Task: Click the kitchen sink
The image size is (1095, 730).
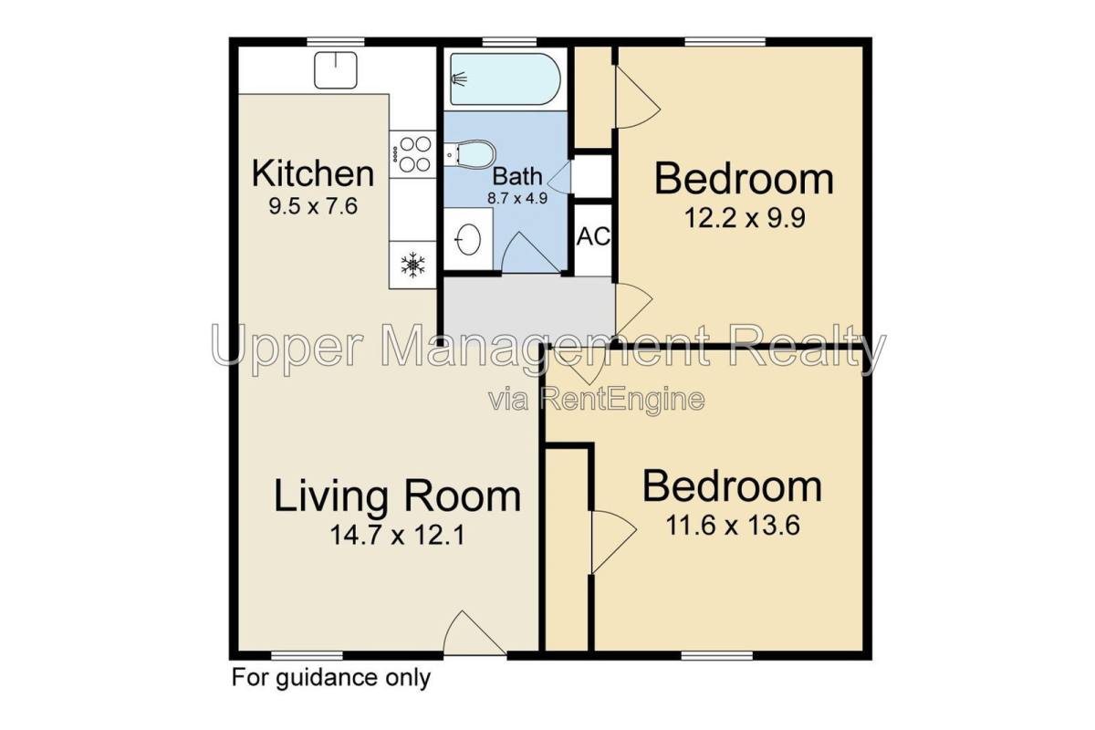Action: (x=336, y=70)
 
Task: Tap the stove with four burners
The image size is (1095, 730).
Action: (x=412, y=154)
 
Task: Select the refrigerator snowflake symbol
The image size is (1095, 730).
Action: (x=413, y=266)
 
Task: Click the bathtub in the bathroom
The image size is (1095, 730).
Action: (x=506, y=79)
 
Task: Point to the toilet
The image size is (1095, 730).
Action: (x=469, y=152)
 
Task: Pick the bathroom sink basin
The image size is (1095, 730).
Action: (x=468, y=239)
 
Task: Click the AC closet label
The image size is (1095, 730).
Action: (x=593, y=236)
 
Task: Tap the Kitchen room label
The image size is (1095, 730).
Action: (x=313, y=173)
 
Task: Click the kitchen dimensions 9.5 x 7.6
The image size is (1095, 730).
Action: (x=313, y=206)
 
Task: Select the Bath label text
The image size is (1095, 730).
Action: (x=517, y=176)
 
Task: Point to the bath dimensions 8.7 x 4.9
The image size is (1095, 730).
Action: (x=517, y=199)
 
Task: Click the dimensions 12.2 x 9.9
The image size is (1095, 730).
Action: (x=744, y=218)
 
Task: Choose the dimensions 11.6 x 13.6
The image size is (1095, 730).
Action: (x=732, y=527)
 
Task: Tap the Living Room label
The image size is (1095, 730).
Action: (x=398, y=496)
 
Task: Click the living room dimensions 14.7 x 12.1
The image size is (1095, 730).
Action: (x=398, y=535)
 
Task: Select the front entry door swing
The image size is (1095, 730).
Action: (x=474, y=632)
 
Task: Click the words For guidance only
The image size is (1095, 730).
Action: (x=331, y=678)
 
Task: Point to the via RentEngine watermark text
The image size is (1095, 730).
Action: (x=597, y=400)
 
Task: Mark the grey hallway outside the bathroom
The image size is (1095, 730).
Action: (x=529, y=308)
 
